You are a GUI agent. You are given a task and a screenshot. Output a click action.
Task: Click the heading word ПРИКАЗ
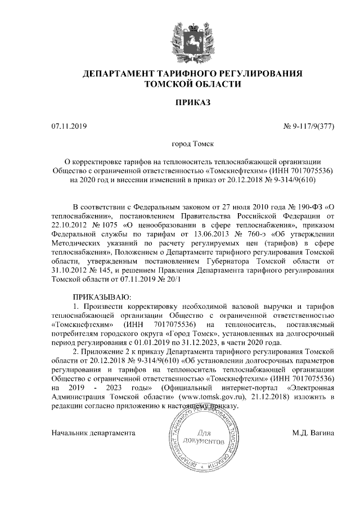(x=180, y=104)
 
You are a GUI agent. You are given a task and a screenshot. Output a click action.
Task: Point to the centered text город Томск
(x=180, y=145)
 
